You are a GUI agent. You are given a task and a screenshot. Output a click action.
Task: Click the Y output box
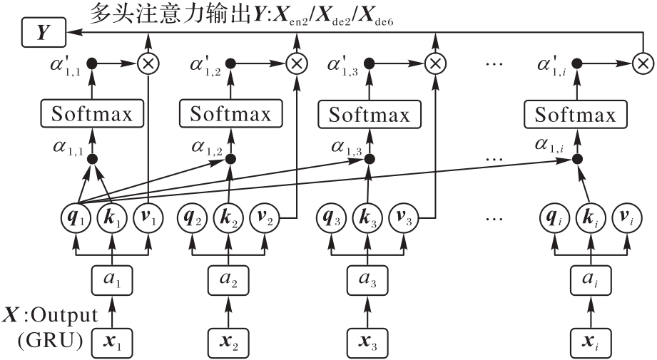43,32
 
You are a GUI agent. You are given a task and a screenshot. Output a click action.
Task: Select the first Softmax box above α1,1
91,113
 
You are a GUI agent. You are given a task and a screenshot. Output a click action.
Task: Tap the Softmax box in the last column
575,113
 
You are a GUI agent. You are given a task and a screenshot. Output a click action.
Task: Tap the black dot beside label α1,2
229,158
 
